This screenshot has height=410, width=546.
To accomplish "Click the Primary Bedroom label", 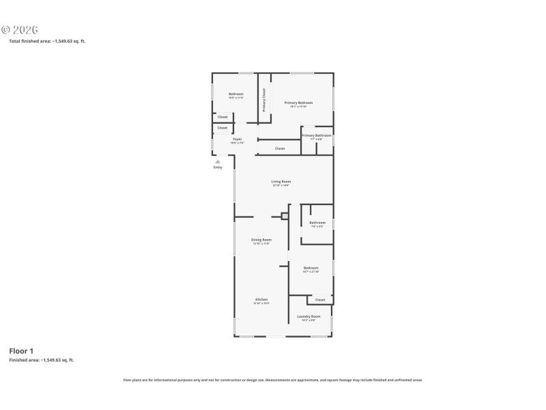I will (x=298, y=102).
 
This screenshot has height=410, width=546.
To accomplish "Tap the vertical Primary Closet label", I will (x=264, y=100).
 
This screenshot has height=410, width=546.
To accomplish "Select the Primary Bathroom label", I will (x=317, y=135).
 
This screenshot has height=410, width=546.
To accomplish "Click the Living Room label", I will (x=281, y=182).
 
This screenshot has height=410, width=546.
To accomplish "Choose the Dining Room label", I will (x=261, y=240).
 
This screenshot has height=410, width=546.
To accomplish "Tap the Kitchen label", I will (x=261, y=299).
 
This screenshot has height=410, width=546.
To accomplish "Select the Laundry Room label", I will (x=308, y=316).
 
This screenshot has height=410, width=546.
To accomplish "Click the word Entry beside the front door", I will (x=218, y=167).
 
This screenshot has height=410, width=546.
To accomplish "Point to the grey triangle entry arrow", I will (x=218, y=161).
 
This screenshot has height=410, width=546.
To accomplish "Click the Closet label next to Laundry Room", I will (x=320, y=299).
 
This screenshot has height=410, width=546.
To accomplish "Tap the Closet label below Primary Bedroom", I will (x=280, y=148).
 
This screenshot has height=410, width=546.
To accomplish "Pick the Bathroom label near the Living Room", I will (x=317, y=223).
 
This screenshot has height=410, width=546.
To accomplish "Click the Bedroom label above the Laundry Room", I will (x=311, y=268).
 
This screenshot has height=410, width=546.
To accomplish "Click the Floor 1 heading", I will (x=21, y=351).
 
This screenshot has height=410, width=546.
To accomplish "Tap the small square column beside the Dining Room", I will (x=285, y=217).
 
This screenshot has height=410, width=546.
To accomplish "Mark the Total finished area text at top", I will (x=46, y=41).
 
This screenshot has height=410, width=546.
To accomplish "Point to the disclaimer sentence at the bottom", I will (x=272, y=380).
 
